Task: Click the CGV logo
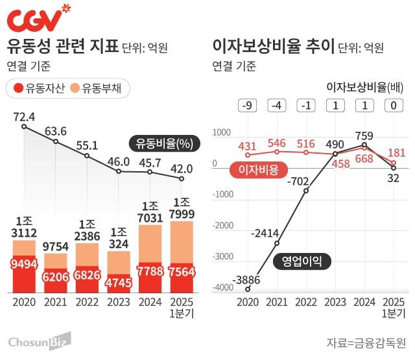pos(38,19)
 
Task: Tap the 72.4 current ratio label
pos(23,117)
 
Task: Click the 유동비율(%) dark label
pos(162,143)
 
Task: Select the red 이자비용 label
pos(254,171)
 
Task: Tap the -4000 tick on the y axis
pos(222,287)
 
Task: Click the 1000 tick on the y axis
pos(222,132)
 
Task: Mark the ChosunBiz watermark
pos(39,341)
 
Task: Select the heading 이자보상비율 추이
pos(273,46)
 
